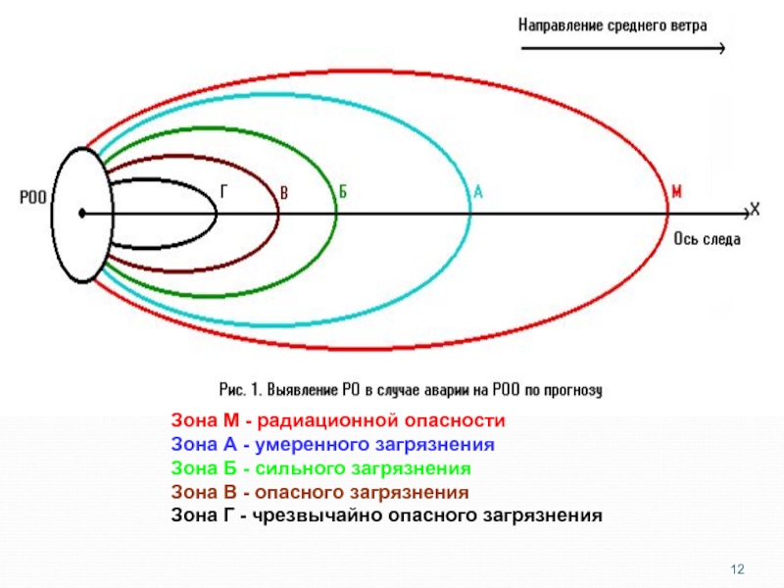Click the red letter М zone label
676,192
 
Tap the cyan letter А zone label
478,192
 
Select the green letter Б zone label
343,192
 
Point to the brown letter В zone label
284,192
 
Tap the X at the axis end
755,209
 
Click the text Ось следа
707,238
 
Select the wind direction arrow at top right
622,48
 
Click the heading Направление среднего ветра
612,24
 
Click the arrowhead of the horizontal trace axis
742,212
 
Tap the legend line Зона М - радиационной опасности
338,421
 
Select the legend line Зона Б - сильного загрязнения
320,468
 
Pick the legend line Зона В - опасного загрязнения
319,492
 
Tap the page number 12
739,569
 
